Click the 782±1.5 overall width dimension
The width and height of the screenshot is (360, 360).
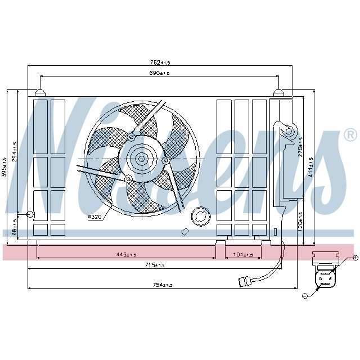[x=160, y=62]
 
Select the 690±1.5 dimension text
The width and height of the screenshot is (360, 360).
[x=159, y=73]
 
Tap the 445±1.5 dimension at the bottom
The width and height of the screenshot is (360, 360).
[x=127, y=254]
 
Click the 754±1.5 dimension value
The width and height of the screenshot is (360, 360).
[x=163, y=285]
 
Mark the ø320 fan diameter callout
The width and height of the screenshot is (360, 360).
[x=95, y=217]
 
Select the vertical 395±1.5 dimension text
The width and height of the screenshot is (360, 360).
[x=5, y=167]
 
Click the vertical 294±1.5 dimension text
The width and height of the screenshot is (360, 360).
[x=16, y=152]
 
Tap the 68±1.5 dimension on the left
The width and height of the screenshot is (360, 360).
[x=16, y=227]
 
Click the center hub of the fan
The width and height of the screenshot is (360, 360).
[x=141, y=159]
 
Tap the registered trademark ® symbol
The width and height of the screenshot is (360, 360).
[x=350, y=135]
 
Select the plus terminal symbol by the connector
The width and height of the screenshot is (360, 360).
[x=355, y=258]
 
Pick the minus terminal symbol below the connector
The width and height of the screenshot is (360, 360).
[x=305, y=295]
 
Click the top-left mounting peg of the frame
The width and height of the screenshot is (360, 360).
[x=40, y=92]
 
